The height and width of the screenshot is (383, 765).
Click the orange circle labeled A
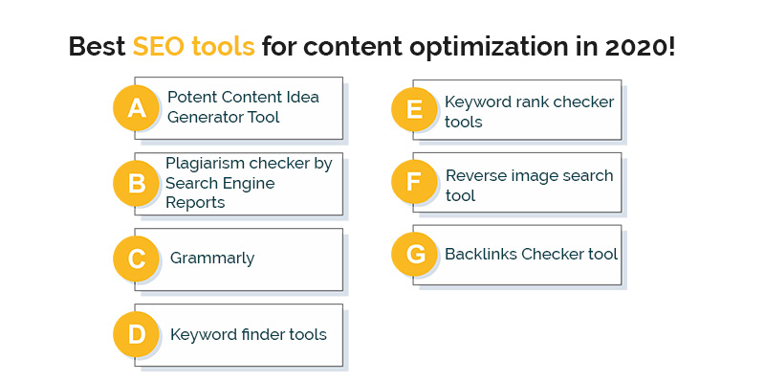coord(136,107)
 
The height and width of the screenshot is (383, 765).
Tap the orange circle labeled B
coord(136,183)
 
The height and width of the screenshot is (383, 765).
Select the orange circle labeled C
coord(136,259)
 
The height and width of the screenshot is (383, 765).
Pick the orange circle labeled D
coord(136,334)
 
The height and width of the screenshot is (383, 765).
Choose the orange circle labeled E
coord(414,109)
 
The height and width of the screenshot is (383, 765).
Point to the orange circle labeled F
coord(414,182)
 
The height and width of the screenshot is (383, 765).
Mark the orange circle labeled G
coord(414,255)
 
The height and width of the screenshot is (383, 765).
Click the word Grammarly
coord(212,259)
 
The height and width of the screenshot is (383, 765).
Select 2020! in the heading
coord(641,47)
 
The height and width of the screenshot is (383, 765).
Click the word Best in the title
coord(98,47)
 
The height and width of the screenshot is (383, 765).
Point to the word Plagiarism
coord(205,164)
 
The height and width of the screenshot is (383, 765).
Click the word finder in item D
coord(264,334)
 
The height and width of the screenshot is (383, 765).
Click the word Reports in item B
coord(195,203)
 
